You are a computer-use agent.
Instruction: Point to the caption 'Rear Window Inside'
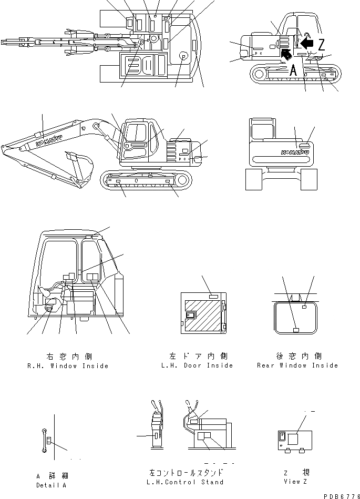[297, 365]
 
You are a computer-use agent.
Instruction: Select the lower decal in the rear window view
[295, 330]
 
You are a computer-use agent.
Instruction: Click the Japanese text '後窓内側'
[297, 356]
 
